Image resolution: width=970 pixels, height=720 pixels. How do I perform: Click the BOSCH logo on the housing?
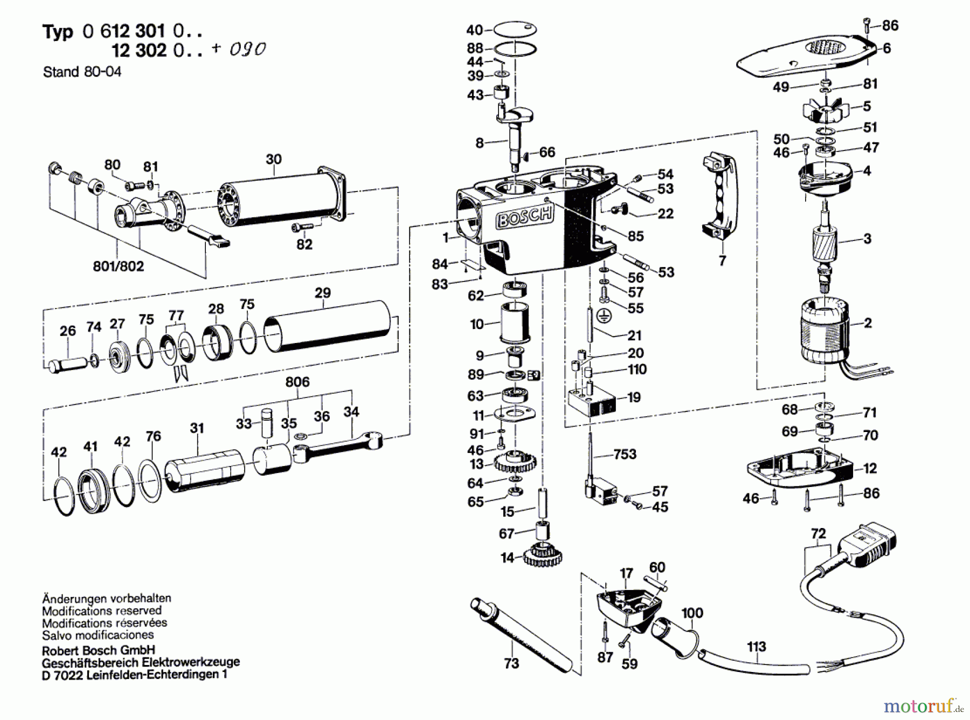coord(524,217)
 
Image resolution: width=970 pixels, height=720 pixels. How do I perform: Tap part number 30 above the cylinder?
coord(274,159)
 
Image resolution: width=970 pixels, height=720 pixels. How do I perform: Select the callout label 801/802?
coord(119,266)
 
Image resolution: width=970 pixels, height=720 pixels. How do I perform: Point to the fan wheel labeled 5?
coord(825,111)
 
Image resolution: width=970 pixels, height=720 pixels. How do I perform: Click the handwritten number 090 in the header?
coord(247,49)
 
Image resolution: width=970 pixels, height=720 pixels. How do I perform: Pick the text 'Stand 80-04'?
coord(82,72)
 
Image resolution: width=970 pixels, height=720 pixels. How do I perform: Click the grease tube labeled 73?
coord(519,631)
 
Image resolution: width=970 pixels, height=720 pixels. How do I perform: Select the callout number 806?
coord(297,382)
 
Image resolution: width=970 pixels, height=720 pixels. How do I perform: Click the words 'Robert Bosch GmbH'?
coord(98,650)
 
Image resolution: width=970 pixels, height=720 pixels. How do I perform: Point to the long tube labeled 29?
coord(327,326)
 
